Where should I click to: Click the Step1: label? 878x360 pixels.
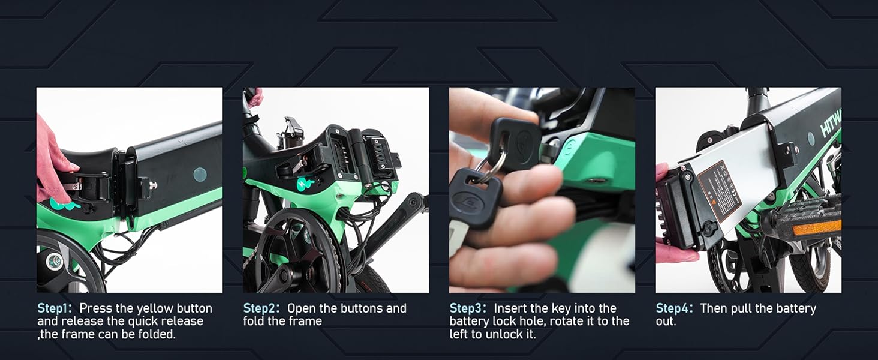click(55, 308)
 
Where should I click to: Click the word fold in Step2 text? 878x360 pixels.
click(256, 321)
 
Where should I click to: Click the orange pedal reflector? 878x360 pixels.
click(817, 228)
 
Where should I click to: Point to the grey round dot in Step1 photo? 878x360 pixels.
click(200, 175)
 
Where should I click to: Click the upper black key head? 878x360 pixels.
click(514, 143)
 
